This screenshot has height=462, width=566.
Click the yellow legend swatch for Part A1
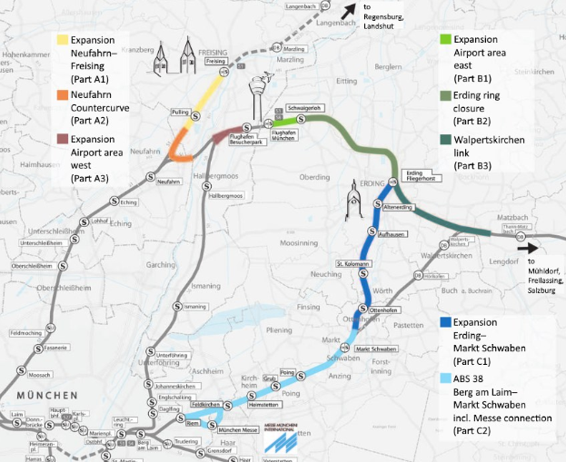coord(62,40)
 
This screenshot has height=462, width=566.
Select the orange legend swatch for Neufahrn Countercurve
coord(62,93)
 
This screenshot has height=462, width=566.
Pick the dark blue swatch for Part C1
coord(444,321)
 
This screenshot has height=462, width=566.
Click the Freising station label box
coord(215,62)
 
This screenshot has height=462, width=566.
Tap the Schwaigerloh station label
coord(307,108)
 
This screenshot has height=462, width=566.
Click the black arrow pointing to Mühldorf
coord(525,246)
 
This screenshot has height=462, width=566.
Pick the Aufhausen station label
coord(390,233)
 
